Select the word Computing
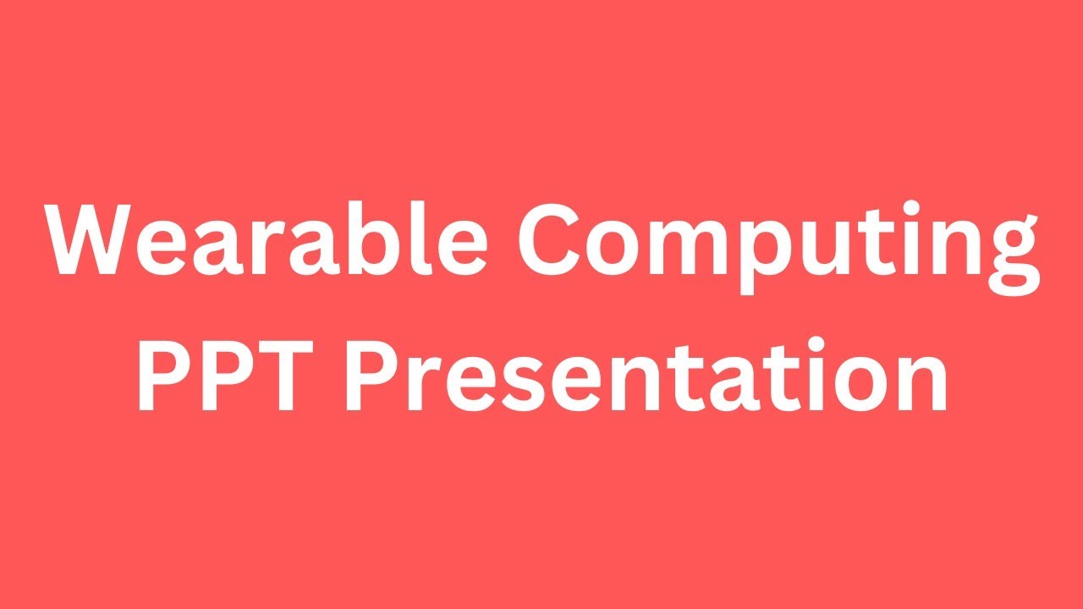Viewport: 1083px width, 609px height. [775, 245]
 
